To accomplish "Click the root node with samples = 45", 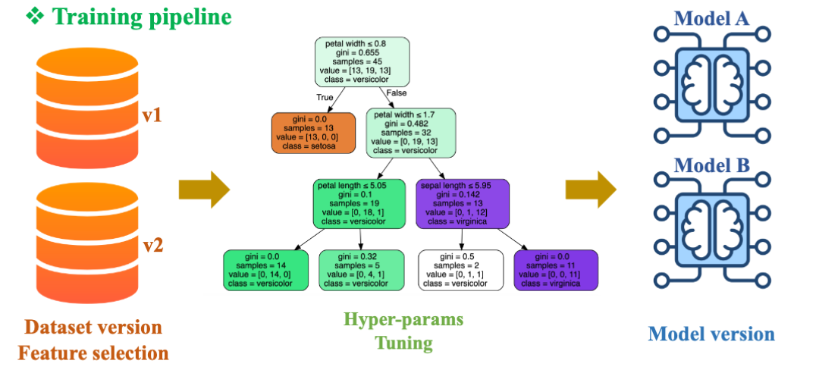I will (363, 63).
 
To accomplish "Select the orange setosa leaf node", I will (313, 133).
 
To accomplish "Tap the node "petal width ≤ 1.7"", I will (411, 133).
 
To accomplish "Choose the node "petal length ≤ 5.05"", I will (356, 203).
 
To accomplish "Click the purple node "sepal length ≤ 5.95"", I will (462, 203).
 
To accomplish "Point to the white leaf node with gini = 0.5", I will (461, 269).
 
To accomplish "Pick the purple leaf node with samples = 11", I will (556, 269).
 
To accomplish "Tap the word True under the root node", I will (325, 97).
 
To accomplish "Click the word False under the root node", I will (397, 92).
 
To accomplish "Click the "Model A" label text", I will (711, 18).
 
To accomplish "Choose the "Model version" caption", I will (711, 334).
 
